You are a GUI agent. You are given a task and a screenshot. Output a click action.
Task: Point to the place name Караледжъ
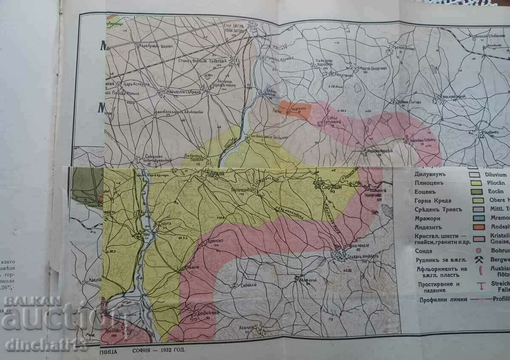point(244,190)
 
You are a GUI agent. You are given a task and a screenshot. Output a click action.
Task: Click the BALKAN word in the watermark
point(26,301)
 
